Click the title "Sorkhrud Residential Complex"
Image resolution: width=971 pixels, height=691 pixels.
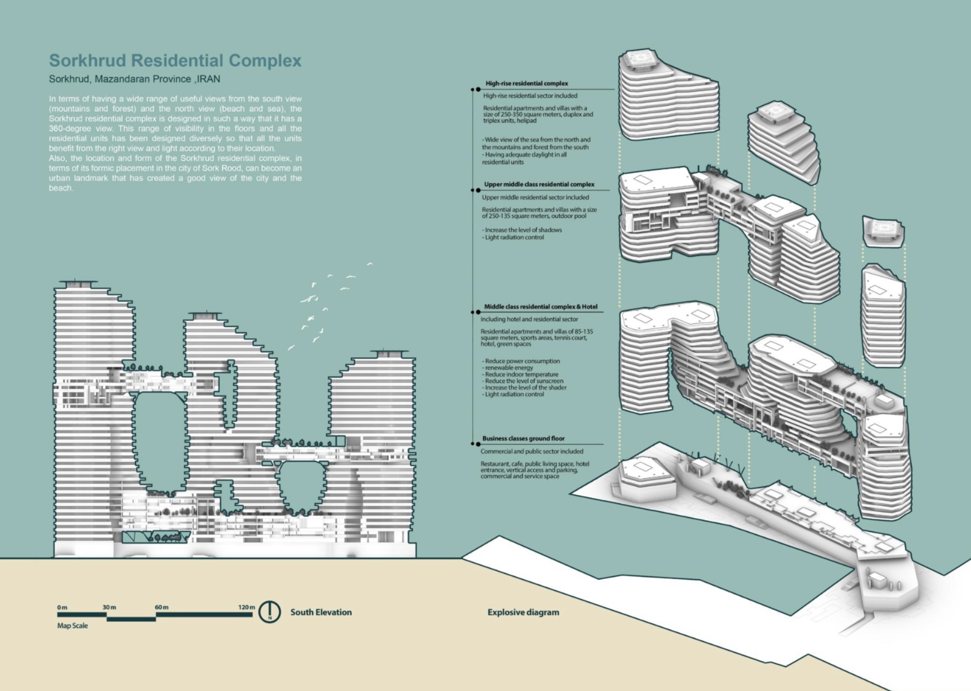(175, 61)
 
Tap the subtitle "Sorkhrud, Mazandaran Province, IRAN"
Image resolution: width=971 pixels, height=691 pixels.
(134, 79)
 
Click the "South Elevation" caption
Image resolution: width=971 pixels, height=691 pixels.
(321, 612)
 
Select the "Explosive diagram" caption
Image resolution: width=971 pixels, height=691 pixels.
(523, 612)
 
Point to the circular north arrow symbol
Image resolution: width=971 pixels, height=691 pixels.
(270, 612)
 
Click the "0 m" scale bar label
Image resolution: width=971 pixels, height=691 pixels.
(62, 607)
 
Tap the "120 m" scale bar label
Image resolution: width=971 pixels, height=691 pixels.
(246, 607)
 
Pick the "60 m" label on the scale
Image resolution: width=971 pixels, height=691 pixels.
(161, 607)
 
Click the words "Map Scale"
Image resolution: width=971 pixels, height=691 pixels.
(72, 625)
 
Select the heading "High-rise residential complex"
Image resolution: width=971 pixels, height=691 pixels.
(526, 83)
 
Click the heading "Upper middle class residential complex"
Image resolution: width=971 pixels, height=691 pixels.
(539, 184)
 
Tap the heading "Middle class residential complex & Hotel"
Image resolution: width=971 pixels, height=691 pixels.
(540, 307)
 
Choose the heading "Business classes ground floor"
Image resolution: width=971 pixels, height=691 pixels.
(523, 438)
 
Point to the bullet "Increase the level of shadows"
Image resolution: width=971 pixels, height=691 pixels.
(523, 230)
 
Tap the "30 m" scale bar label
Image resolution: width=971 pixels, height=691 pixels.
(109, 607)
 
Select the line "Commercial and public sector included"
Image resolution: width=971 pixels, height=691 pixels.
(532, 451)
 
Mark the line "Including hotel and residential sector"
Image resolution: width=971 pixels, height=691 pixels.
(529, 319)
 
